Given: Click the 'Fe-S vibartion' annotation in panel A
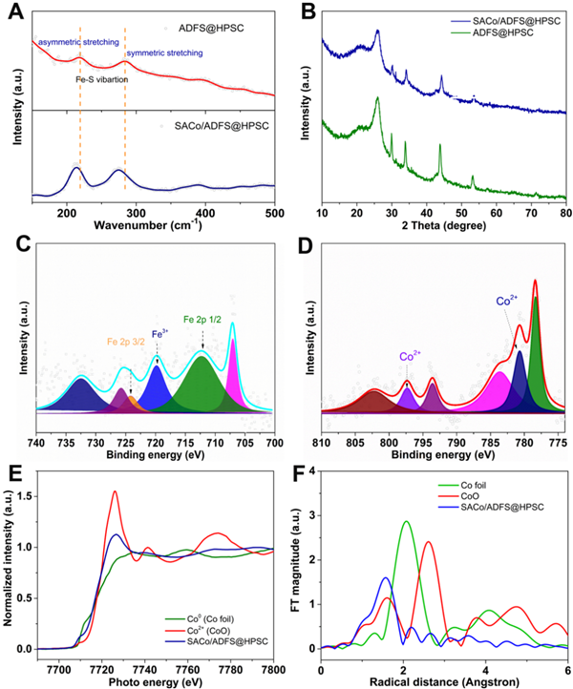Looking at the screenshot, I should coord(102,79).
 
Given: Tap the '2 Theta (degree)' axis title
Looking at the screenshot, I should coord(444,226).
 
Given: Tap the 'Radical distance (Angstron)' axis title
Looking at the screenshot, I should coord(444,679).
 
